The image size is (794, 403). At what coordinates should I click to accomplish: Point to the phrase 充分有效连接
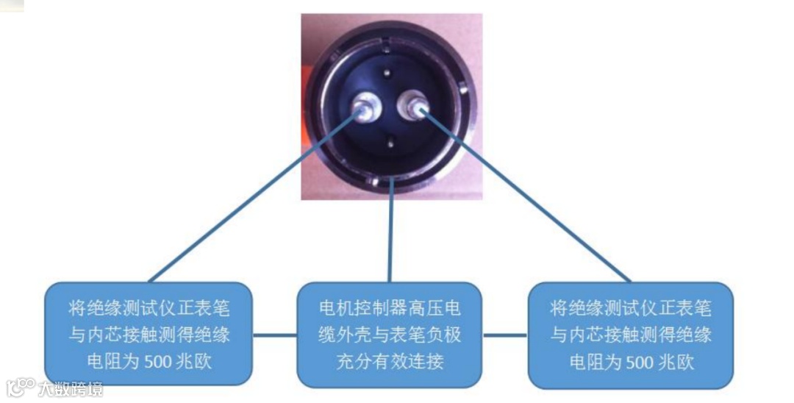(x=390, y=361)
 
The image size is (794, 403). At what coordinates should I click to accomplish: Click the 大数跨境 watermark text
(x=70, y=387)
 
